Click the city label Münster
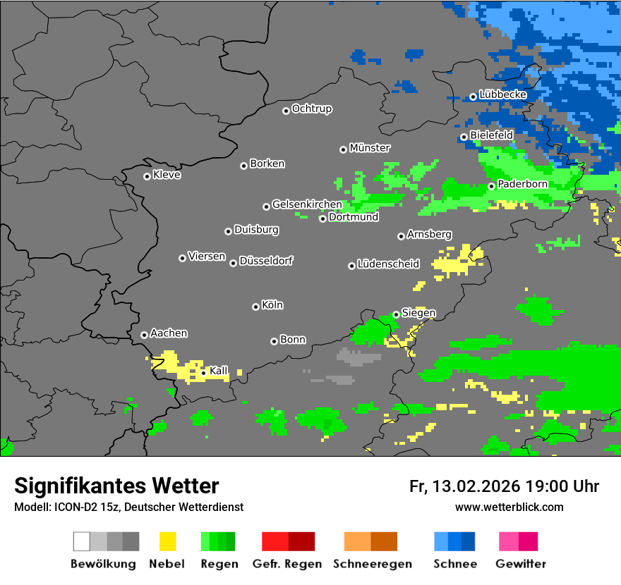[370, 148]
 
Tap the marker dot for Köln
[255, 307]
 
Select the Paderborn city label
[522, 184]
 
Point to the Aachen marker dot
[144, 335]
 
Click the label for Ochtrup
[311, 109]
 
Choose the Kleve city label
[167, 175]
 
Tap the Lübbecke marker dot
[473, 97]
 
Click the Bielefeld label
[491, 135]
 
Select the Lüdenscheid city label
[388, 264]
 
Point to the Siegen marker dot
[396, 314]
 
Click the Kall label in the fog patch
[219, 371]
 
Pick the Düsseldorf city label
[265, 261]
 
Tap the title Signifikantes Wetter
[116, 486]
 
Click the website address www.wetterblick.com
[509, 507]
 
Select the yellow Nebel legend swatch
[167, 541]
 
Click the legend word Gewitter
[520, 564]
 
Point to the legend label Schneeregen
[371, 564]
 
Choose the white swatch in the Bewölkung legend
[82, 541]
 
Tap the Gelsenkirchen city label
[307, 204]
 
